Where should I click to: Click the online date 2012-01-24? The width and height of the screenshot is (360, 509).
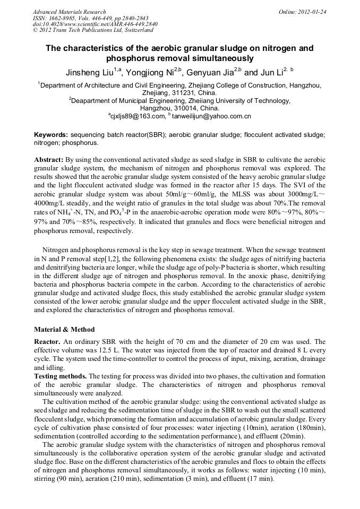coord(312,12)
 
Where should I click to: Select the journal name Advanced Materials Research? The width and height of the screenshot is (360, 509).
coord(69,12)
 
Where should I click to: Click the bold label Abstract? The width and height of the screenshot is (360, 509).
coord(49,160)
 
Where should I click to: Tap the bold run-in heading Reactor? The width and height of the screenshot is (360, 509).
coord(48,342)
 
